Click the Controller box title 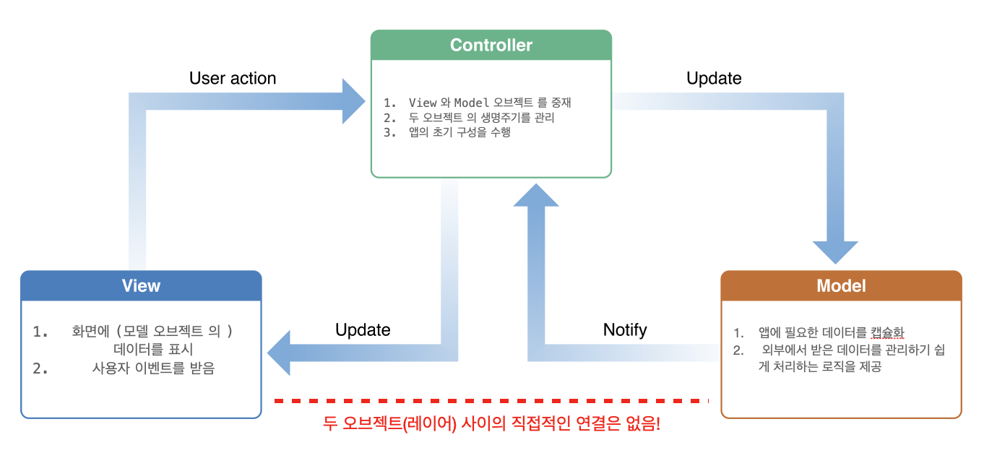pos(491,46)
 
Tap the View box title pos(141,286)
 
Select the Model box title pos(841,286)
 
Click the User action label pos(233,78)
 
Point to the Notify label pos(625,330)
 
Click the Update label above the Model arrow pos(714,78)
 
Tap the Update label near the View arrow pos(363,330)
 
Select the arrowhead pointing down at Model pos(836,251)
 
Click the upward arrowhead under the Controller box pos(536,196)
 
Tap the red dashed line pos(491,400)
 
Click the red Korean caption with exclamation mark pos(491,424)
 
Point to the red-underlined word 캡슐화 pos(888,332)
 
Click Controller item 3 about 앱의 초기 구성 pos(459,132)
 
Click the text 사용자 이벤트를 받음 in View pos(153,368)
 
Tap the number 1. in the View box pos(40,332)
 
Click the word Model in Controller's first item pos(472,103)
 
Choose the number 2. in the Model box pos(738,350)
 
